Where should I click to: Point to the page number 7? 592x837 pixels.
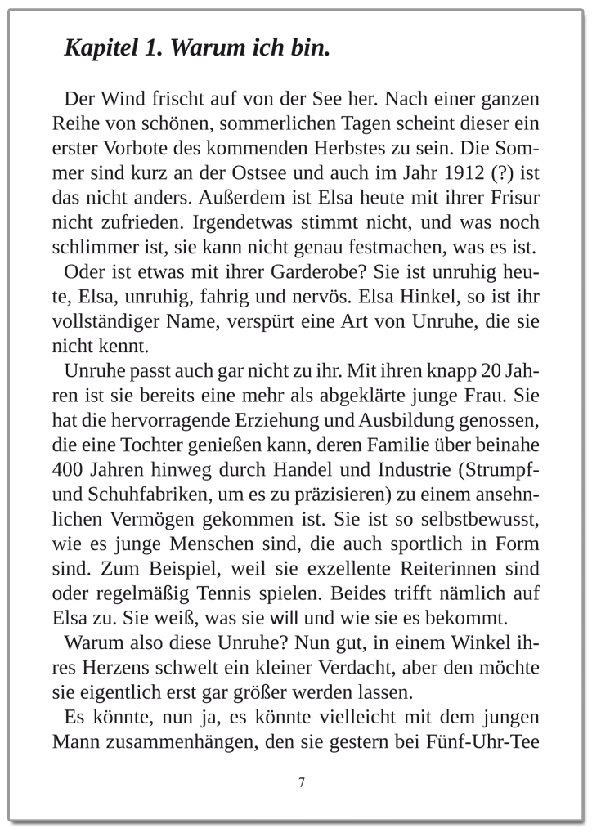pos(303,783)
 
